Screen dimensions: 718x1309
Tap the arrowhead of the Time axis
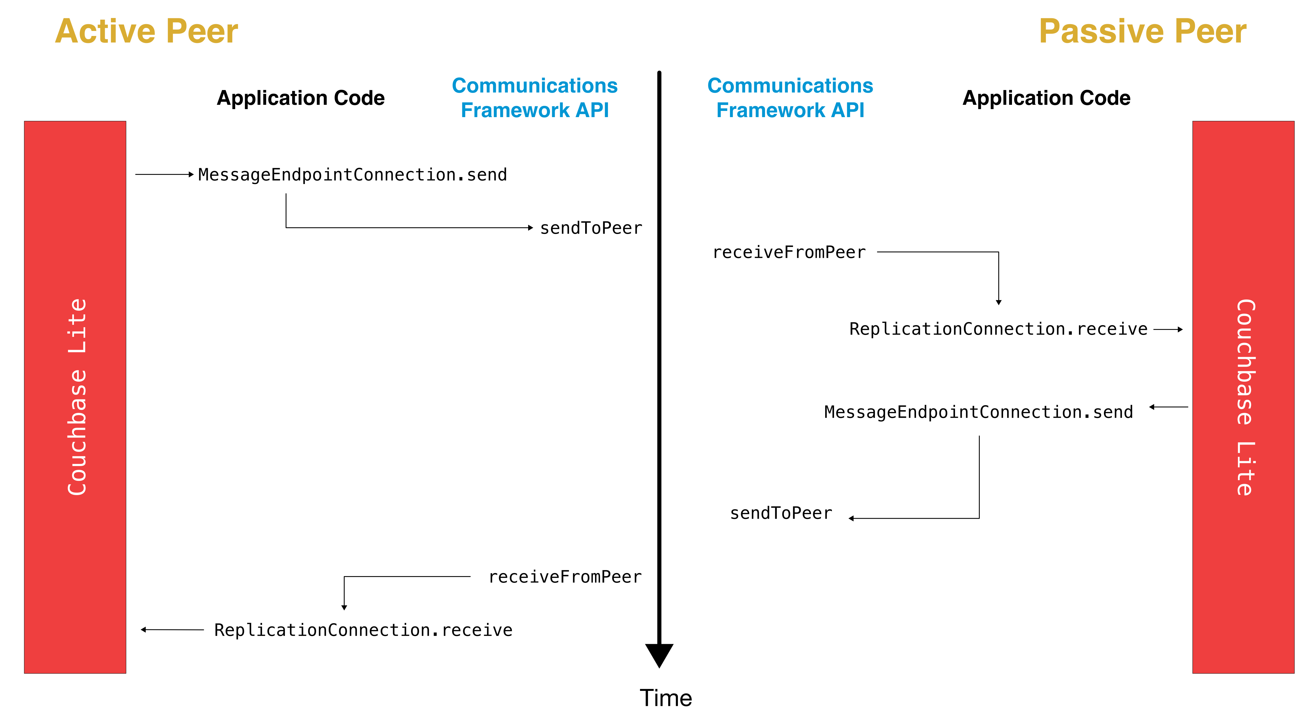coord(659,655)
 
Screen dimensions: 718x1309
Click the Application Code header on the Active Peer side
coord(301,98)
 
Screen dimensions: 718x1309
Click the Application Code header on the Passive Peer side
coord(1046,98)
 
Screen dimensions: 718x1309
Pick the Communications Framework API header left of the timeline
coord(535,98)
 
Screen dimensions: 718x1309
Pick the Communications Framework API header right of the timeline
coord(790,98)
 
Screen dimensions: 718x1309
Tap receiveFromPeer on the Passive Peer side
coord(789,252)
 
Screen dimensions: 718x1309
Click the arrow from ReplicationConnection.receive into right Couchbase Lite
coord(1168,330)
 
